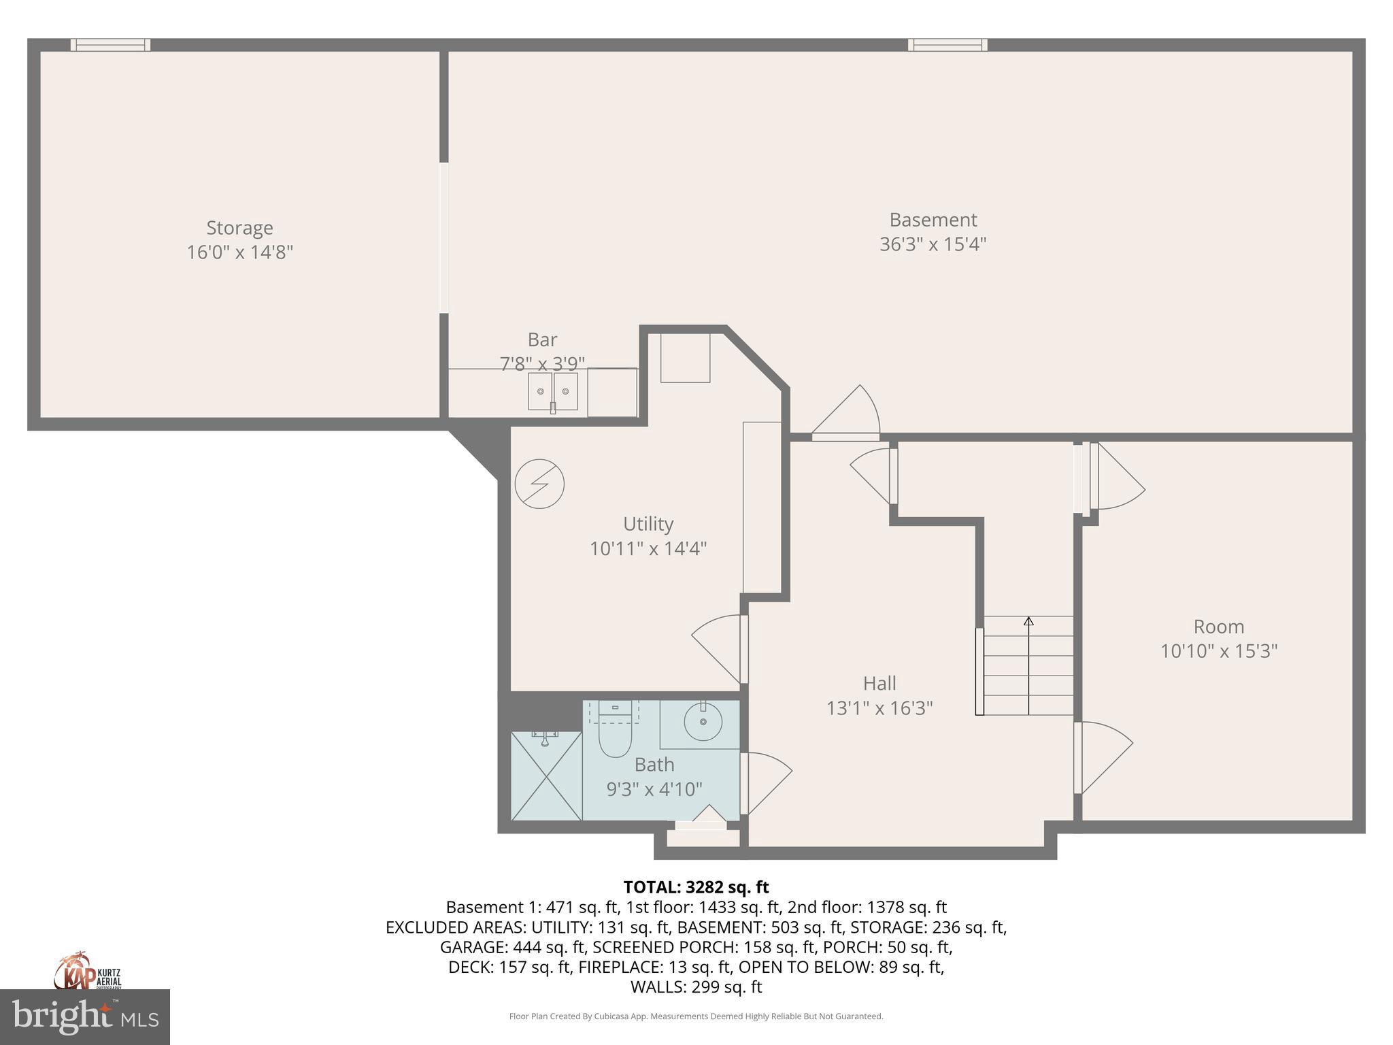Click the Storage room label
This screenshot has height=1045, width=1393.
coord(239,228)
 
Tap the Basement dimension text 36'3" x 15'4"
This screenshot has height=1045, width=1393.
coord(933,244)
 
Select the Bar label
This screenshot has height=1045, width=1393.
coord(542,339)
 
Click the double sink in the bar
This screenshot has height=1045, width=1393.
coord(552,392)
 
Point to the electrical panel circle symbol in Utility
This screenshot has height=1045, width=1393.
coord(539,484)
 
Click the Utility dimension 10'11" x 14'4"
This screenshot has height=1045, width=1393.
coord(648,548)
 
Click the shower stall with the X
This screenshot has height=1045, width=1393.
coord(546,776)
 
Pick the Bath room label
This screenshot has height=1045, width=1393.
coord(654,765)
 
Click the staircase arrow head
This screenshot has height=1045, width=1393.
coord(1028,621)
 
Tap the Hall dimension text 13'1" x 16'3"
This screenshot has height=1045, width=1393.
coord(879,708)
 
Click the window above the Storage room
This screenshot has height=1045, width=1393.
coord(110,45)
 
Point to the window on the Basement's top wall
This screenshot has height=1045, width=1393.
coord(947,45)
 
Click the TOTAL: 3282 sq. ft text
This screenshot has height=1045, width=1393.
coord(696,887)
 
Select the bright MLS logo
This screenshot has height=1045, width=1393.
coord(84,1016)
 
